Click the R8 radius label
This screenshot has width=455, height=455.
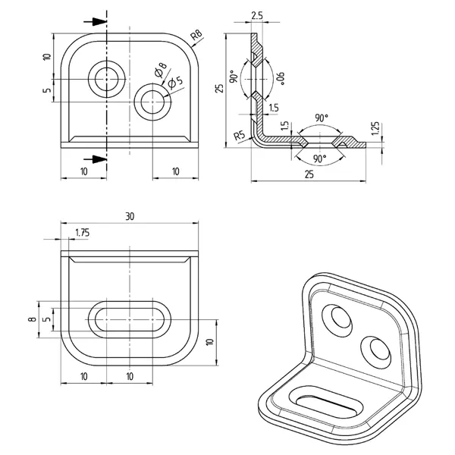pos(196,35)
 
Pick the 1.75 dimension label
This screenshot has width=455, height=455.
pos(82,234)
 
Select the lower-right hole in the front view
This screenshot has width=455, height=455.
pos(152,99)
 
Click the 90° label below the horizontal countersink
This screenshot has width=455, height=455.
pos(319,158)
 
